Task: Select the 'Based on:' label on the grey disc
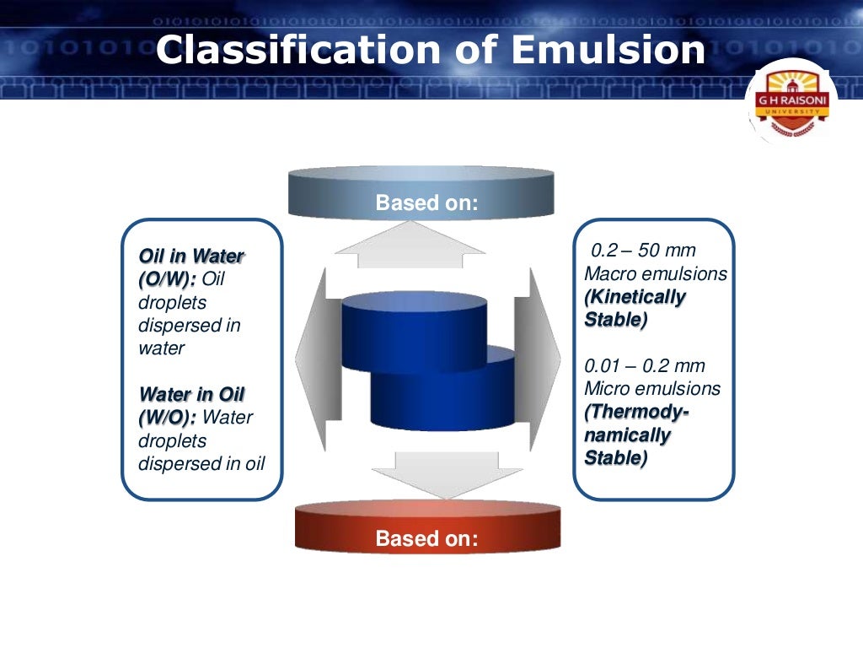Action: click(x=426, y=203)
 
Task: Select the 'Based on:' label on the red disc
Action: click(x=426, y=538)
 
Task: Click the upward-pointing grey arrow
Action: click(x=410, y=244)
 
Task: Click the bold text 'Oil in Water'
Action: click(x=191, y=256)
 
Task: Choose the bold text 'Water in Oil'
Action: click(x=191, y=395)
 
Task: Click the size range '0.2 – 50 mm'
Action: click(x=643, y=251)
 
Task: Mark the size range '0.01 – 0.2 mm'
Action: click(x=645, y=366)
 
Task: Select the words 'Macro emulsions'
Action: click(x=655, y=274)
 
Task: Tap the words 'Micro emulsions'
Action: click(x=652, y=389)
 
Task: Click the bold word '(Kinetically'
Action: click(x=635, y=297)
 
